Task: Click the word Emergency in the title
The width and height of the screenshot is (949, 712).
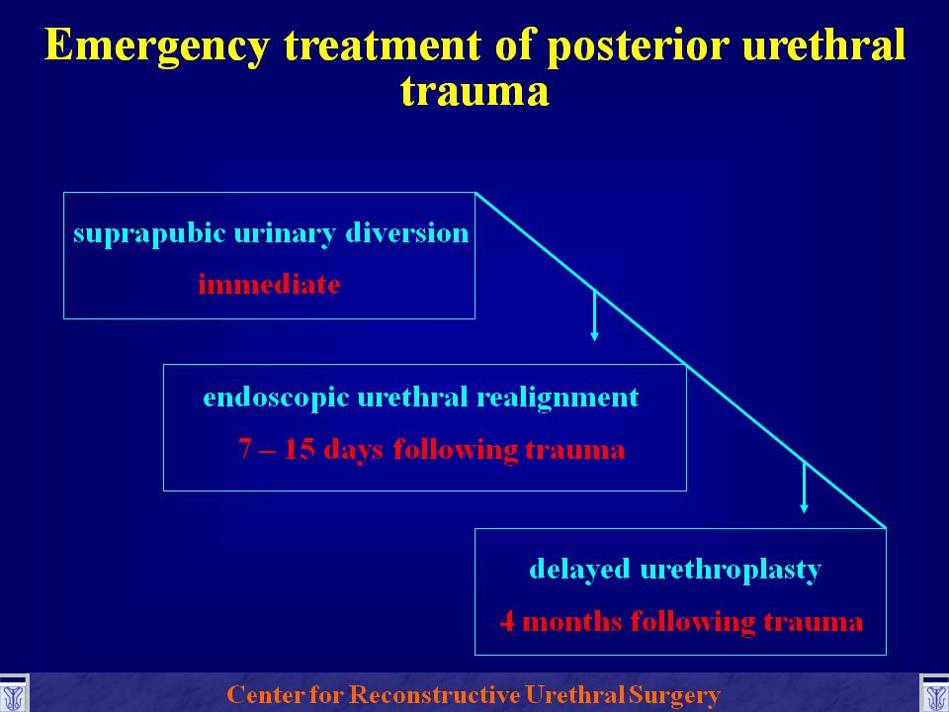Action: pyautogui.click(x=156, y=46)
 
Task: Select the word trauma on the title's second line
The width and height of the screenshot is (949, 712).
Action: pyautogui.click(x=474, y=91)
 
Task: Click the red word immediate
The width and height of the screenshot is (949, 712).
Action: pyautogui.click(x=269, y=284)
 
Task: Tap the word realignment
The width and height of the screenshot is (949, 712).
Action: pyautogui.click(x=558, y=399)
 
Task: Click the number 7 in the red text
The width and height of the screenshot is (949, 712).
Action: pyautogui.click(x=244, y=449)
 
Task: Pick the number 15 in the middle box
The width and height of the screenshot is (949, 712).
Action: pyautogui.click(x=299, y=449)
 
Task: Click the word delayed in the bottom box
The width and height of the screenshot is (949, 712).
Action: pyautogui.click(x=580, y=570)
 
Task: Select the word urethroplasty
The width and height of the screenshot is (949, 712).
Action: pyautogui.click(x=731, y=570)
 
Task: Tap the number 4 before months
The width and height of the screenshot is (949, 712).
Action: pyautogui.click(x=507, y=622)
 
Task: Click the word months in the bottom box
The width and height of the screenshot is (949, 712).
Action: pyautogui.click(x=572, y=622)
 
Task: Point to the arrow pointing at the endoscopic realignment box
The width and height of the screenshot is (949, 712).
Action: pyautogui.click(x=594, y=315)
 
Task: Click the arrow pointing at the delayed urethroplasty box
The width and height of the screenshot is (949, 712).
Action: pyautogui.click(x=804, y=488)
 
